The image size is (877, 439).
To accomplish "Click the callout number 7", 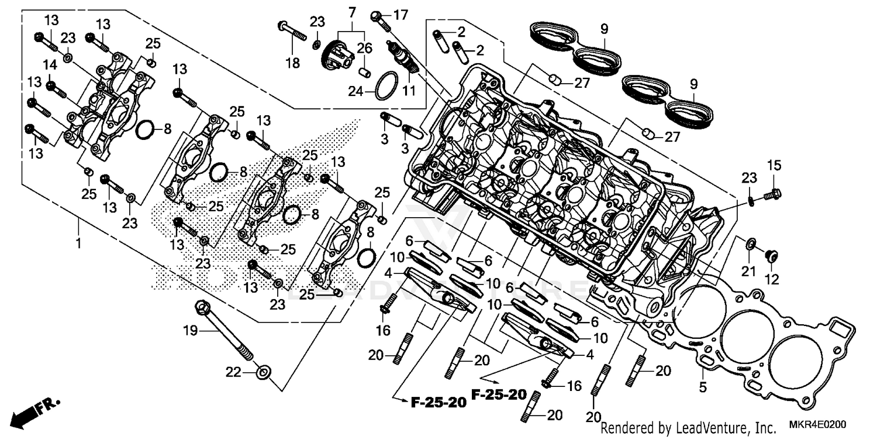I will [351, 12].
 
